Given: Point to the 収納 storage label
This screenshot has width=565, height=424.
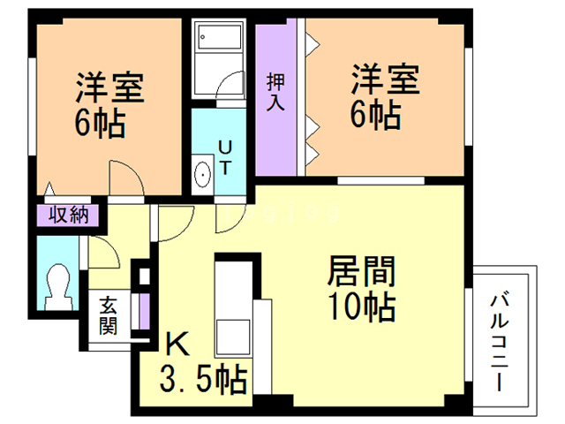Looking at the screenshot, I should pos(67,215).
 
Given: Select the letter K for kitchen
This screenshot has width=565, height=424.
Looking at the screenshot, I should pos(177,344).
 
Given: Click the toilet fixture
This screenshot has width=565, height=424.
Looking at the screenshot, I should pos(61,284).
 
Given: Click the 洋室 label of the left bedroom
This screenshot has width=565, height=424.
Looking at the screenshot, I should pos(109,86).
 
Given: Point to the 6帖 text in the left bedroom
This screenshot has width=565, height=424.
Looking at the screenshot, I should pos(99,123).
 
